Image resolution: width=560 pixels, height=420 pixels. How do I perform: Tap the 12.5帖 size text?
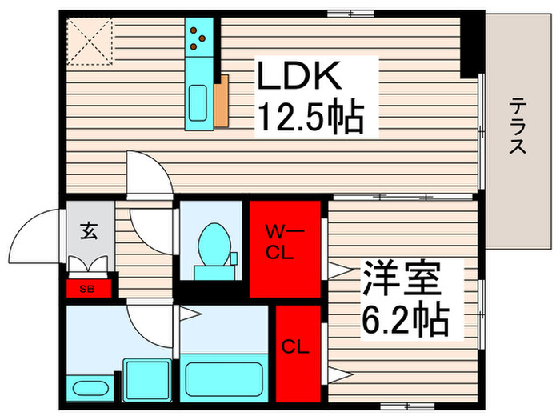310,118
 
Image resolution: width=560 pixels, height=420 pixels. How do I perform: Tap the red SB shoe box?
86,288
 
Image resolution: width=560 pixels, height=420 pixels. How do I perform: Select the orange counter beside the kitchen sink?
222,101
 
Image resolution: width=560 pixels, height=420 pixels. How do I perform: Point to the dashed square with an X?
90,40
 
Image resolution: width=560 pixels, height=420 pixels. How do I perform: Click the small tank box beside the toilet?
235,258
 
